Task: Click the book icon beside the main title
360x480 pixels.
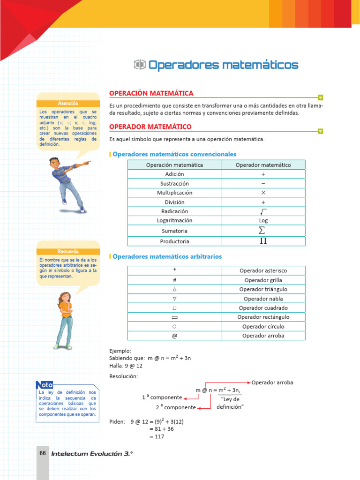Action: [x=140, y=65]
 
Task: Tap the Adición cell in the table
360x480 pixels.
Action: [x=174, y=174]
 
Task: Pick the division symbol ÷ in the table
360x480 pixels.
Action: [x=263, y=202]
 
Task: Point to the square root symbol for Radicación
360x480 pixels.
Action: [x=263, y=211]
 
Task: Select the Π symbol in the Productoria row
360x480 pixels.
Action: [x=263, y=241]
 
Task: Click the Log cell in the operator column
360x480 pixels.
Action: [x=263, y=220]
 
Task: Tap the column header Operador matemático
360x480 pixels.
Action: [x=263, y=165]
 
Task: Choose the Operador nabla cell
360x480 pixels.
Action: [x=263, y=299]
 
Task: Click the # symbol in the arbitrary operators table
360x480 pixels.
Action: [x=174, y=280]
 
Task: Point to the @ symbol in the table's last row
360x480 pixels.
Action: [x=174, y=336]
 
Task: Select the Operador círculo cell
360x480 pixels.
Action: [x=263, y=326]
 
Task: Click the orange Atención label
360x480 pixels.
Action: [x=68, y=103]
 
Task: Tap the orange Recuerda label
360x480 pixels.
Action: [x=68, y=252]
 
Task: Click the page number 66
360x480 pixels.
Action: [x=43, y=453]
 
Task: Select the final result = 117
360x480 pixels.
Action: [x=157, y=436]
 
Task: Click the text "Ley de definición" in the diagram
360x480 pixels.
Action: [x=230, y=403]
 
